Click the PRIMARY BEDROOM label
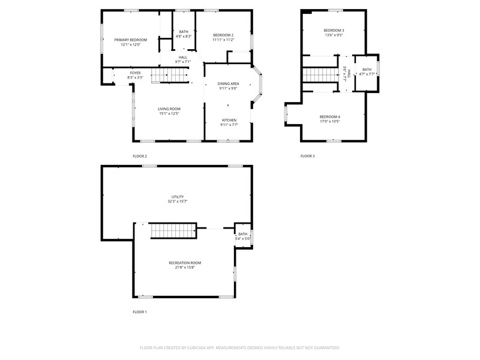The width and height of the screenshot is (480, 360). (131, 40)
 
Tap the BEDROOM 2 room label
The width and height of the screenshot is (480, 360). (223, 35)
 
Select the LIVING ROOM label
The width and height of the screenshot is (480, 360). (170, 109)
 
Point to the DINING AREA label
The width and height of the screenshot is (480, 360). (227, 83)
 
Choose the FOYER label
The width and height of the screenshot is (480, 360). (135, 73)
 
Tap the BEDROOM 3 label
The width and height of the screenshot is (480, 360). (334, 30)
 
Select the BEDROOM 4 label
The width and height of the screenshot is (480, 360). (329, 116)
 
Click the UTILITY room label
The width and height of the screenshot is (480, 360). (178, 196)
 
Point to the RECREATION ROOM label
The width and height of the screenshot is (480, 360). (184, 262)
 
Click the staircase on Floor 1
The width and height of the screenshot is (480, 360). (173, 231)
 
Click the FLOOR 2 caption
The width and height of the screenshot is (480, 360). (140, 156)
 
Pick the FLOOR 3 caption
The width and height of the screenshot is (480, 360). (307, 156)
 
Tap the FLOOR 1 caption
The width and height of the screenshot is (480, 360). (140, 311)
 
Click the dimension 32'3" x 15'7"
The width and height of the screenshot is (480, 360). (178, 201)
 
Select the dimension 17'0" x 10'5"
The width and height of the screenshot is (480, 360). (329, 121)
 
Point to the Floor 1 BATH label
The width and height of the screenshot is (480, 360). (242, 234)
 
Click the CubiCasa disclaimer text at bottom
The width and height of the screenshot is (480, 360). (240, 347)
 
